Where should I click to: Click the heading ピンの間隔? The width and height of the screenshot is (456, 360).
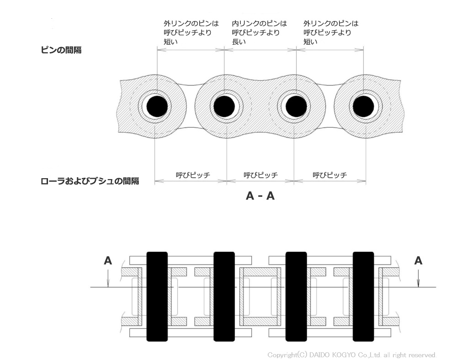pos(61,50)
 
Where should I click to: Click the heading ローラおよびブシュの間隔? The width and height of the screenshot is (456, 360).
pos(90,181)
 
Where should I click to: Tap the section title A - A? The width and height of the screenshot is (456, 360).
pos(260,196)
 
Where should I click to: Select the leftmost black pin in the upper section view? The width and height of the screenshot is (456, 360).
pos(157,106)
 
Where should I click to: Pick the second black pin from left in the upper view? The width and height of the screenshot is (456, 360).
pos(224,106)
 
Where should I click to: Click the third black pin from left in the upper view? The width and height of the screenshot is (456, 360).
pos(297,106)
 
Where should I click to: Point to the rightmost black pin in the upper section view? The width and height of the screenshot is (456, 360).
pos(363,106)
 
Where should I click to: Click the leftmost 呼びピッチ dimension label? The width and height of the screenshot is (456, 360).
pos(193,175)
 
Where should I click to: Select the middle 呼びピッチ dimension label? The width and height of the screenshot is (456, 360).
pos(260,175)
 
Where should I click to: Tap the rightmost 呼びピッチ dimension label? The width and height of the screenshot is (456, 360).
pos(330,175)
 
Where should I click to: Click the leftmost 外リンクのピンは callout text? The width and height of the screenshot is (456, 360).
pos(191,32)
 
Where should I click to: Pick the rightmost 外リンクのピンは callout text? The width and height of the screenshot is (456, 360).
pos(331,32)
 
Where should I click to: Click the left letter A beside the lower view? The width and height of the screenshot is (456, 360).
pos(108,260)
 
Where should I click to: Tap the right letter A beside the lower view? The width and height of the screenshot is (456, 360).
pos(418,260)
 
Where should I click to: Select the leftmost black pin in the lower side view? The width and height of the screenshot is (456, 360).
pos(157,296)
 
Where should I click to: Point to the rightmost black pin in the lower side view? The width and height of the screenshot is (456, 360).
pos(363,296)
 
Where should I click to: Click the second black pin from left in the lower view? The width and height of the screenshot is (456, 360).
pos(224,296)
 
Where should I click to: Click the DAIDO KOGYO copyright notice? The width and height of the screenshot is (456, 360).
pos(352,355)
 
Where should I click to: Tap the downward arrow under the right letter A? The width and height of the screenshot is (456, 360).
pos(418,278)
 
